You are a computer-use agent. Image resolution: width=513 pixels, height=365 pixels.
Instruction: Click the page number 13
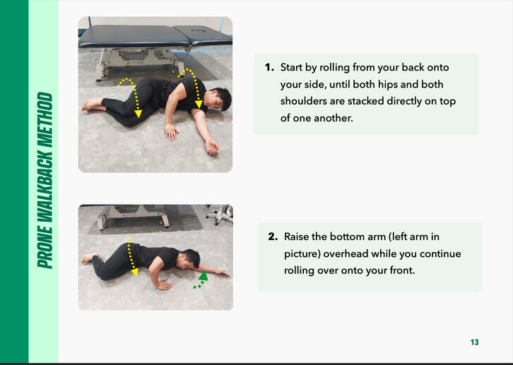pos(474,342)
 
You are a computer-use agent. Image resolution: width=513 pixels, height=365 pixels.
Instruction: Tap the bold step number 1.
pos(269,67)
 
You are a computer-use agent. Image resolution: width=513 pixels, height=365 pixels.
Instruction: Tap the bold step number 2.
pos(273,237)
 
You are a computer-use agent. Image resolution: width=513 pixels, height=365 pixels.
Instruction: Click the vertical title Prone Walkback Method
pos(45,180)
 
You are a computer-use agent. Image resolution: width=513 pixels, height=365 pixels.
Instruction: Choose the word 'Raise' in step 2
pos(296,237)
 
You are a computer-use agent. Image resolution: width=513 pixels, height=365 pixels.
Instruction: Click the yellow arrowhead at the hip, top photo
pos(138,114)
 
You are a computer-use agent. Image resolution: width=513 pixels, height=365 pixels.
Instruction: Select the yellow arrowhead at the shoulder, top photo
pos(199,104)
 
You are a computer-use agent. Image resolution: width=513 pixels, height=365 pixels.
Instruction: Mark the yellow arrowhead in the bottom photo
pos(134,273)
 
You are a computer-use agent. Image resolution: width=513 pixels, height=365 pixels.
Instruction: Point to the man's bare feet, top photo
pos(93,104)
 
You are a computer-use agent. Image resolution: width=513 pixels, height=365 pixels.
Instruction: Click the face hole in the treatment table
pos(199,31)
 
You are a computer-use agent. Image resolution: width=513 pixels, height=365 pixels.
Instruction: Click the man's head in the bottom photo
pos(190,259)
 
